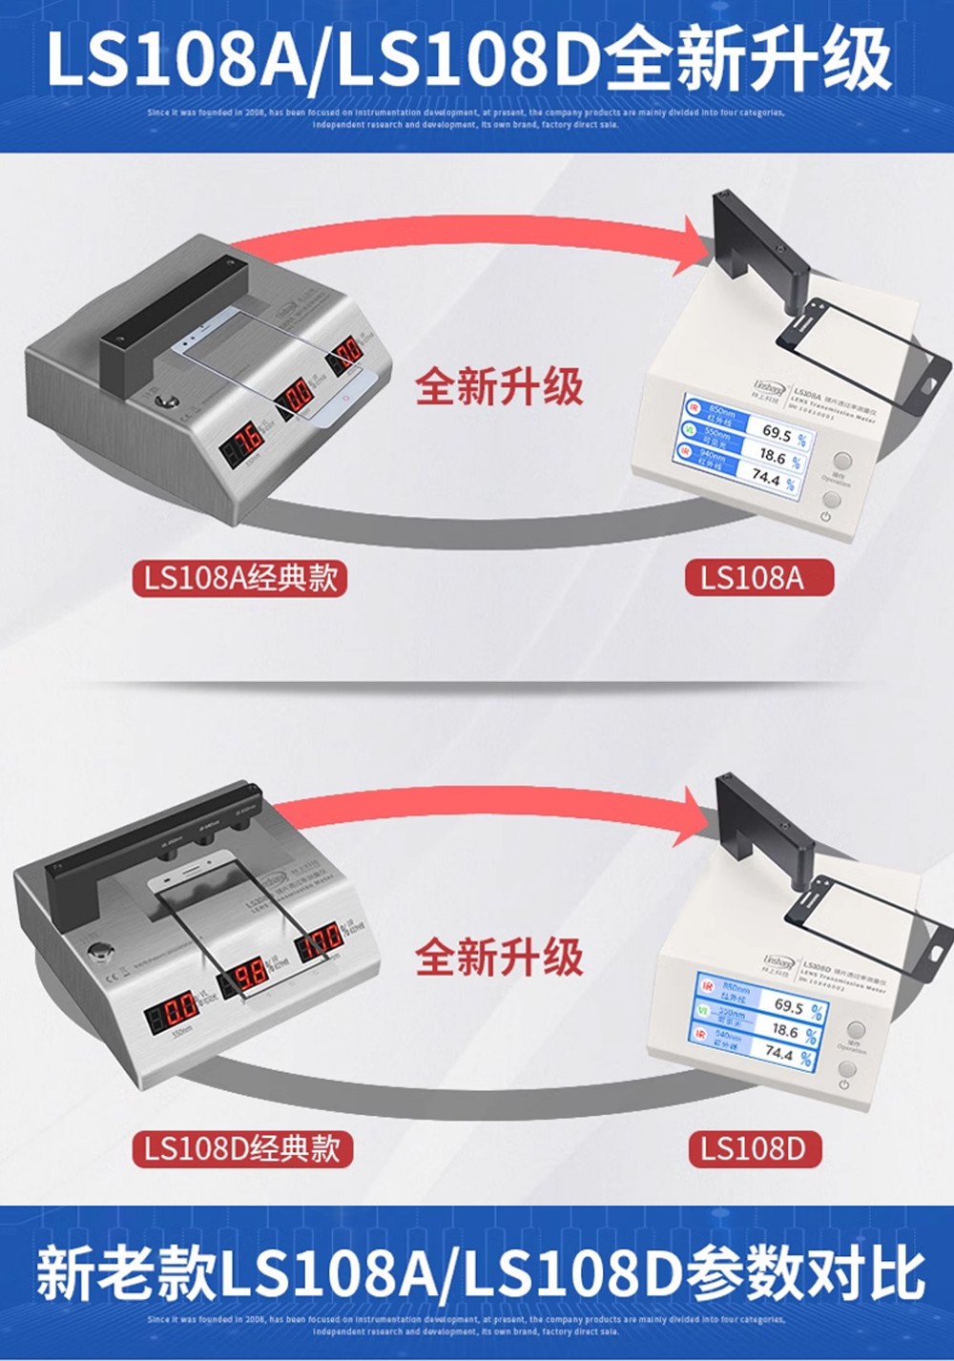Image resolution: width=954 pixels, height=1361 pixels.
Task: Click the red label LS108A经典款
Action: [x=240, y=578]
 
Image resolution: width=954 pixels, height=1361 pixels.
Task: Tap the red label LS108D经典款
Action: [x=241, y=1147]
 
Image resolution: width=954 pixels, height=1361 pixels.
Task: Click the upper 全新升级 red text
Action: [x=499, y=387]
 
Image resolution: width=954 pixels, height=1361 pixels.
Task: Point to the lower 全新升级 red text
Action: [x=499, y=957]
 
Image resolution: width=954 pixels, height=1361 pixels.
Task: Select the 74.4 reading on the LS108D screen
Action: [x=779, y=1054]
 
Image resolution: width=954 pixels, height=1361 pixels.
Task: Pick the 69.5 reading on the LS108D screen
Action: [x=788, y=1006]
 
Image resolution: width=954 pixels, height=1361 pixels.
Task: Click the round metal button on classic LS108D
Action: [x=98, y=953]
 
